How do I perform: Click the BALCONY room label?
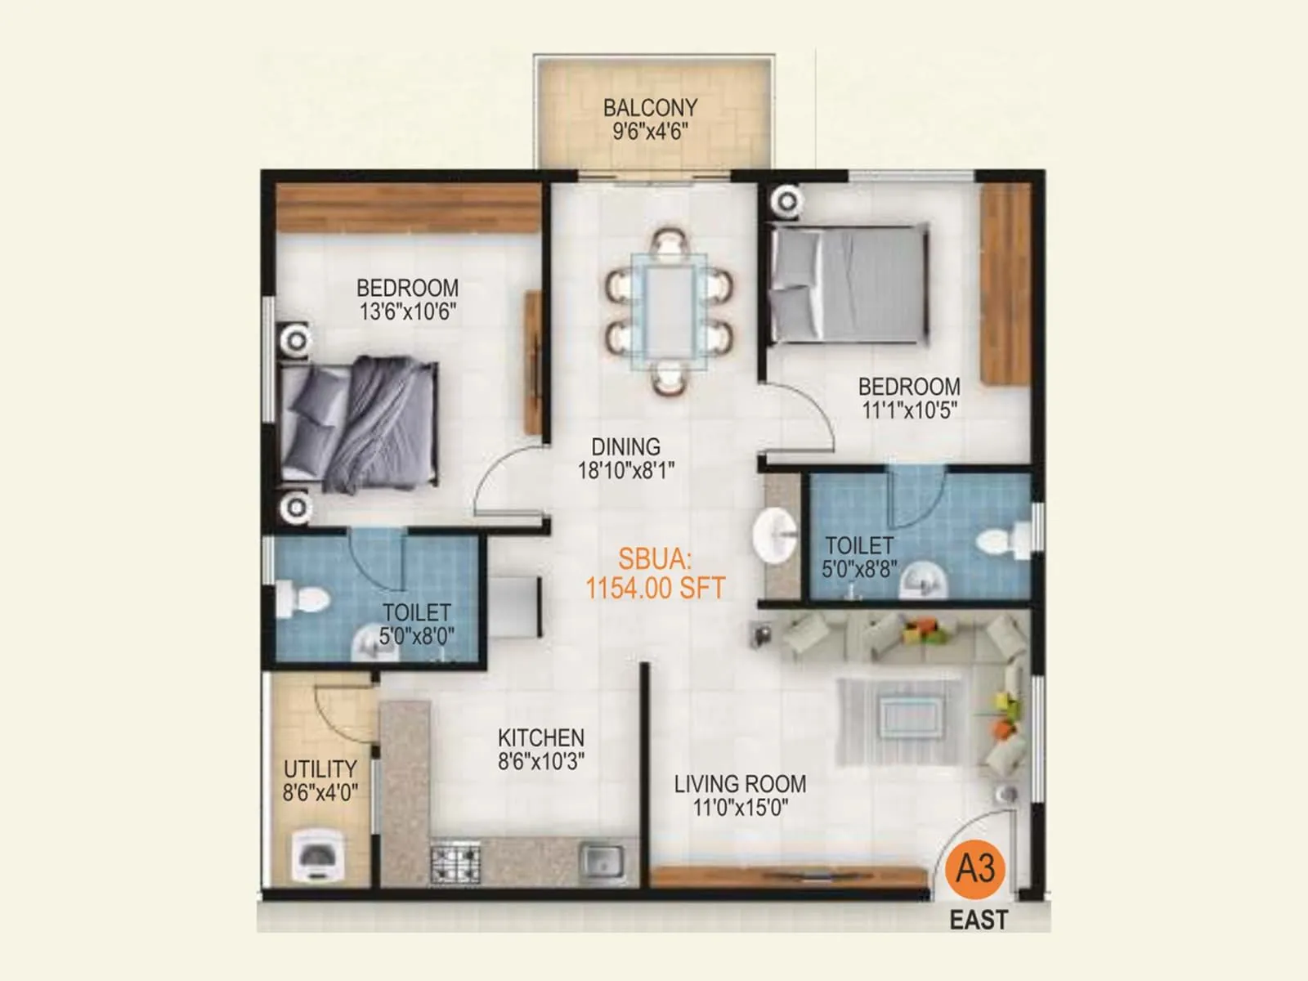pos(650,107)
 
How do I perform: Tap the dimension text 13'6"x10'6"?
pos(407,311)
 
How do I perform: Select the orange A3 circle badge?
pos(974,867)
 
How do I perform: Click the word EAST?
pos(978,921)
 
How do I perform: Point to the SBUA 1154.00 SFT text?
pos(655,574)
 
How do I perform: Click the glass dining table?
pos(669,311)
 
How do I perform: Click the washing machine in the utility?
pos(317,856)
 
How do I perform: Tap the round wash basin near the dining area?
pos(774,536)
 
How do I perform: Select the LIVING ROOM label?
pos(740,784)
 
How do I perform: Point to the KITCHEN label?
pos(540,737)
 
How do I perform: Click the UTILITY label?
pos(320,769)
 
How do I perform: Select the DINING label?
pos(625,447)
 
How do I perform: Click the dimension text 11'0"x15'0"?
pos(740,809)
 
